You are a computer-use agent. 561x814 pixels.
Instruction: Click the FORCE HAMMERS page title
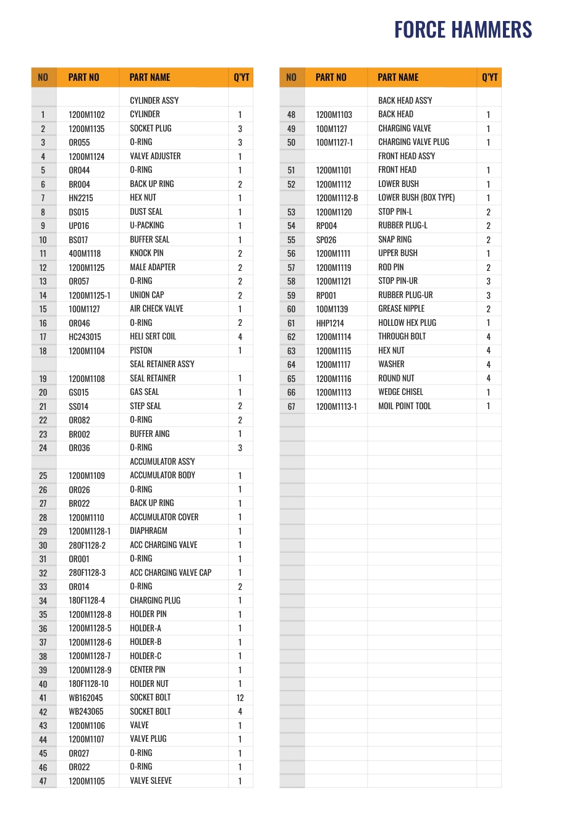click(463, 30)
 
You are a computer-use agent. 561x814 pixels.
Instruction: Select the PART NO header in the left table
click(83, 77)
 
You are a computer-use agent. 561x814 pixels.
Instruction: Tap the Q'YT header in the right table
click(489, 77)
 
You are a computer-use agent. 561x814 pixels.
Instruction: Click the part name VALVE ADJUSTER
click(155, 156)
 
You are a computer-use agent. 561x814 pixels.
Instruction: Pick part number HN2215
click(81, 198)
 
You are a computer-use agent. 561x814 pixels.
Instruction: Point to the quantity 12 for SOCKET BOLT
click(240, 698)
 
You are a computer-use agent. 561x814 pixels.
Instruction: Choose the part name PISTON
click(141, 351)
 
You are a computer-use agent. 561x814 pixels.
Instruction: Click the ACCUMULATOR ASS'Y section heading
click(162, 462)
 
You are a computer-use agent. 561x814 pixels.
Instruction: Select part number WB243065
click(86, 712)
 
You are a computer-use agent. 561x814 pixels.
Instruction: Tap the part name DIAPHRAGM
click(148, 531)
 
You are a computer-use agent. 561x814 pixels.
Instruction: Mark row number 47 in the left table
click(43, 781)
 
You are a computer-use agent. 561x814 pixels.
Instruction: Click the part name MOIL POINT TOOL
click(405, 406)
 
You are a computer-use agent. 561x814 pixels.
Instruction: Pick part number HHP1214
click(330, 323)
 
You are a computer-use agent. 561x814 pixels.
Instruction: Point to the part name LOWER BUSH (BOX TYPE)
click(416, 197)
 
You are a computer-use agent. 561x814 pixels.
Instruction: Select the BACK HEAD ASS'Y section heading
click(405, 100)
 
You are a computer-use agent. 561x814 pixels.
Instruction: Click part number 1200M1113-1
click(336, 406)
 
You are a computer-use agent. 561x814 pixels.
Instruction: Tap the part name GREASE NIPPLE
click(401, 309)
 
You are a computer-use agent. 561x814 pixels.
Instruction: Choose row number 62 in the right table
click(292, 337)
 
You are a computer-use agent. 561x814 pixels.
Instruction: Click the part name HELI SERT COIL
click(153, 336)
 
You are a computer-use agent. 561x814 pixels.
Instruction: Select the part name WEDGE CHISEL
click(400, 392)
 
